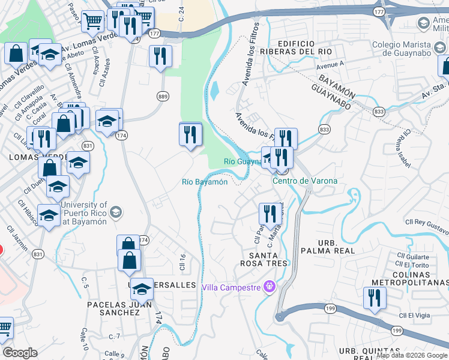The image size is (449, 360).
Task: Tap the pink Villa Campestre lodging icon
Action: point(270,287)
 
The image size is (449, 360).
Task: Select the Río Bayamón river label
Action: point(205,182)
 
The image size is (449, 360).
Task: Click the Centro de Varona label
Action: point(305,181)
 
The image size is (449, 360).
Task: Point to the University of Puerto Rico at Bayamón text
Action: point(85,213)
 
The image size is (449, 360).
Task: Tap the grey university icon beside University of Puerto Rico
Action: point(116,212)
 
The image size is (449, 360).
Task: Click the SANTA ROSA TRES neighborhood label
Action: point(264,259)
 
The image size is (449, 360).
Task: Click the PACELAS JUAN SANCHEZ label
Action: point(113,308)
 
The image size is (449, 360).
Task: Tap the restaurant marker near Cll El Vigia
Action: point(375,298)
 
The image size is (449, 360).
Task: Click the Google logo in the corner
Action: point(20,353)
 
